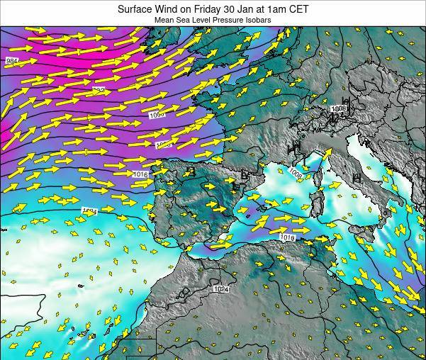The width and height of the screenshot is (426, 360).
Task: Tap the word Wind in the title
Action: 169,9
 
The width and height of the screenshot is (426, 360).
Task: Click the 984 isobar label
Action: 11,61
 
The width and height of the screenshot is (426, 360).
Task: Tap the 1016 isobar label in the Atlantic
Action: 140,174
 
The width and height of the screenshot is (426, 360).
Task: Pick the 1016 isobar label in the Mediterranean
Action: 286,237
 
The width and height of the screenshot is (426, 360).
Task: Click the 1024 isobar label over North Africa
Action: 221,288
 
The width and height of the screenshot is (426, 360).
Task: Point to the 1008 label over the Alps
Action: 339,109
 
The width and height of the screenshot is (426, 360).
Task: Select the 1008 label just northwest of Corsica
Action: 295,172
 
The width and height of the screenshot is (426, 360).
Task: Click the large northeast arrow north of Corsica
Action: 327,153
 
